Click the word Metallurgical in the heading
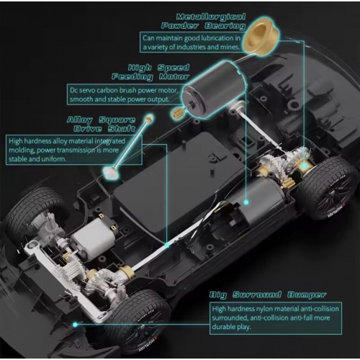click(x=211, y=17)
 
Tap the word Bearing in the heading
click(x=225, y=26)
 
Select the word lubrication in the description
click(x=217, y=38)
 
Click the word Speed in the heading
click(x=174, y=68)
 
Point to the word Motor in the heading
click(x=174, y=77)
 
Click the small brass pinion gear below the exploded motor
click(x=177, y=113)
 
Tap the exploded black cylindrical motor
click(x=215, y=89)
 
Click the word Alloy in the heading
click(x=80, y=120)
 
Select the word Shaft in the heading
click(x=122, y=129)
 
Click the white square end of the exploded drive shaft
click(x=111, y=171)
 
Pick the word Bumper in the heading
click(x=307, y=294)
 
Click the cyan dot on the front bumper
click(x=75, y=325)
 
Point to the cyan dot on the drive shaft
click(x=167, y=246)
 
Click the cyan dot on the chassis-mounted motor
click(x=246, y=202)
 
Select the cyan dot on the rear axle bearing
click(x=304, y=166)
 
